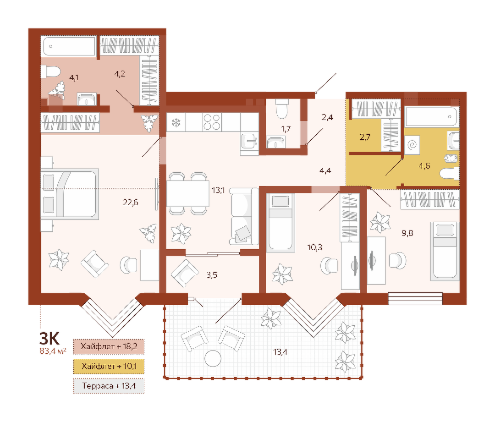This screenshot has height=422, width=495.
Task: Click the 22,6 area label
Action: [x=130, y=203]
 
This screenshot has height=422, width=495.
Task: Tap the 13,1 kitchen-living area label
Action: [x=218, y=190]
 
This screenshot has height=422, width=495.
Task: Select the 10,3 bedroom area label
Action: [x=314, y=247]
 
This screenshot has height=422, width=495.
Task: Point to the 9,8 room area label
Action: [x=407, y=233]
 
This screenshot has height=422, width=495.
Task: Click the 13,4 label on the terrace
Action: [x=280, y=351]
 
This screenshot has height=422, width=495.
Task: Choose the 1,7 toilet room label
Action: [x=286, y=129]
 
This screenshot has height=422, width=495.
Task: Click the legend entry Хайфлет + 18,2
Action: [x=109, y=346]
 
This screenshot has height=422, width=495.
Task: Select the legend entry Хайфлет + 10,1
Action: [x=109, y=366]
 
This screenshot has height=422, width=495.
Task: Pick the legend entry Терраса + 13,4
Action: [x=109, y=386]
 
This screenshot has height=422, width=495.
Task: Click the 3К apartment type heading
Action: [x=49, y=339]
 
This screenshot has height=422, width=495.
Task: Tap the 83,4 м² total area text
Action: [x=53, y=351]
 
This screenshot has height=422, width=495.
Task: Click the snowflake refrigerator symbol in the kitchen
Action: [x=176, y=122]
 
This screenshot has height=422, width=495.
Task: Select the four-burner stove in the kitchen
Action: [x=212, y=122]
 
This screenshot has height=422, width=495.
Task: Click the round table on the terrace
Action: [x=213, y=358]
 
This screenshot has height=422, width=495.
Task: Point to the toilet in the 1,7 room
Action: [x=282, y=108]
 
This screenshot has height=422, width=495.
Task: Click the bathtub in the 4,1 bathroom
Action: [x=69, y=47]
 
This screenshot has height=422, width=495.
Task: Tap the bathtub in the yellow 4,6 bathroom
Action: [x=432, y=117]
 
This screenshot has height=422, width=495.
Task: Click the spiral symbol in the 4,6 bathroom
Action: [x=412, y=145]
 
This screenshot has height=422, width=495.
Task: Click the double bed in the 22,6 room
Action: [x=70, y=194]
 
